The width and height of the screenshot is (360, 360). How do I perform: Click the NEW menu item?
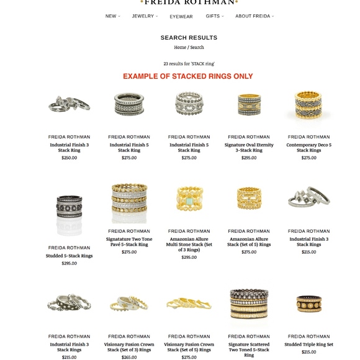click(x=111, y=16)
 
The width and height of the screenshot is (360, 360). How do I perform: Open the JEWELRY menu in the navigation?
click(x=143, y=16)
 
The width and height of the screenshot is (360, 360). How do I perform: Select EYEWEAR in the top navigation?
click(x=181, y=17)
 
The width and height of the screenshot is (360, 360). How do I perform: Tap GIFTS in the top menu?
click(x=213, y=16)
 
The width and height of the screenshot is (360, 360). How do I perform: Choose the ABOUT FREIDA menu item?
click(x=253, y=16)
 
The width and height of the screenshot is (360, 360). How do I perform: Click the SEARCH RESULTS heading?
click(x=189, y=38)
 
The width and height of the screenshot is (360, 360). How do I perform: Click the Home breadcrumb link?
click(x=180, y=47)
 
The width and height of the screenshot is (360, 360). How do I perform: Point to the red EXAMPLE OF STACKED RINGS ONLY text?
click(x=188, y=76)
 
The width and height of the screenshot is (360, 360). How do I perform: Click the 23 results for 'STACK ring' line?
click(x=189, y=63)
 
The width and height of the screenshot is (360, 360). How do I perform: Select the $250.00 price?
click(x=70, y=158)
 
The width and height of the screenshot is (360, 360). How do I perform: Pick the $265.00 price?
click(x=129, y=357)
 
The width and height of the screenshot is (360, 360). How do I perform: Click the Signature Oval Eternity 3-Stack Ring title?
click(x=249, y=147)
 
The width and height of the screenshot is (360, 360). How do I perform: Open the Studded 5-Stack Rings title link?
click(x=70, y=256)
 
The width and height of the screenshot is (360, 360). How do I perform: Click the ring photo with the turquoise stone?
click(x=189, y=199)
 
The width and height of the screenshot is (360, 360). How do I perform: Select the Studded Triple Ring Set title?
click(x=308, y=344)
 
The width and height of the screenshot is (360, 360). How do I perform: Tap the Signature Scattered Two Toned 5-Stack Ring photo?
click(x=249, y=305)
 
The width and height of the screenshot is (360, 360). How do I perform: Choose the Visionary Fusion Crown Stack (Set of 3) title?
click(x=129, y=347)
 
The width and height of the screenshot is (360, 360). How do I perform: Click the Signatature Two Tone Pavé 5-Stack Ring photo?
click(x=129, y=203)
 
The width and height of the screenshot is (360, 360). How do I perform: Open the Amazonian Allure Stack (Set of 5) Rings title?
click(x=249, y=241)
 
